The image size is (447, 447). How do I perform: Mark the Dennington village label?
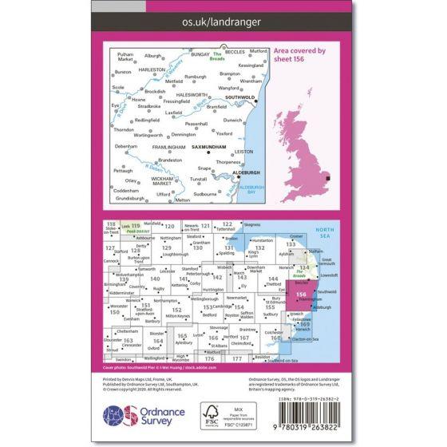click(184, 134)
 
